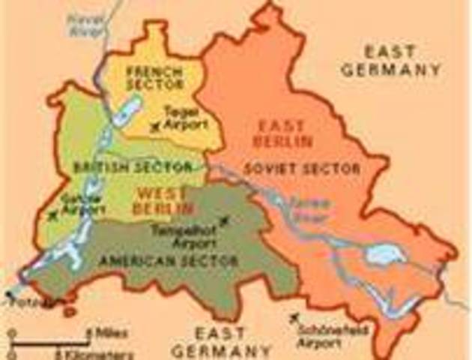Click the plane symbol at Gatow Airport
(52, 216)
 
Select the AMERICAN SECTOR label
(168, 261)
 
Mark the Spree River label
(306, 206)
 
